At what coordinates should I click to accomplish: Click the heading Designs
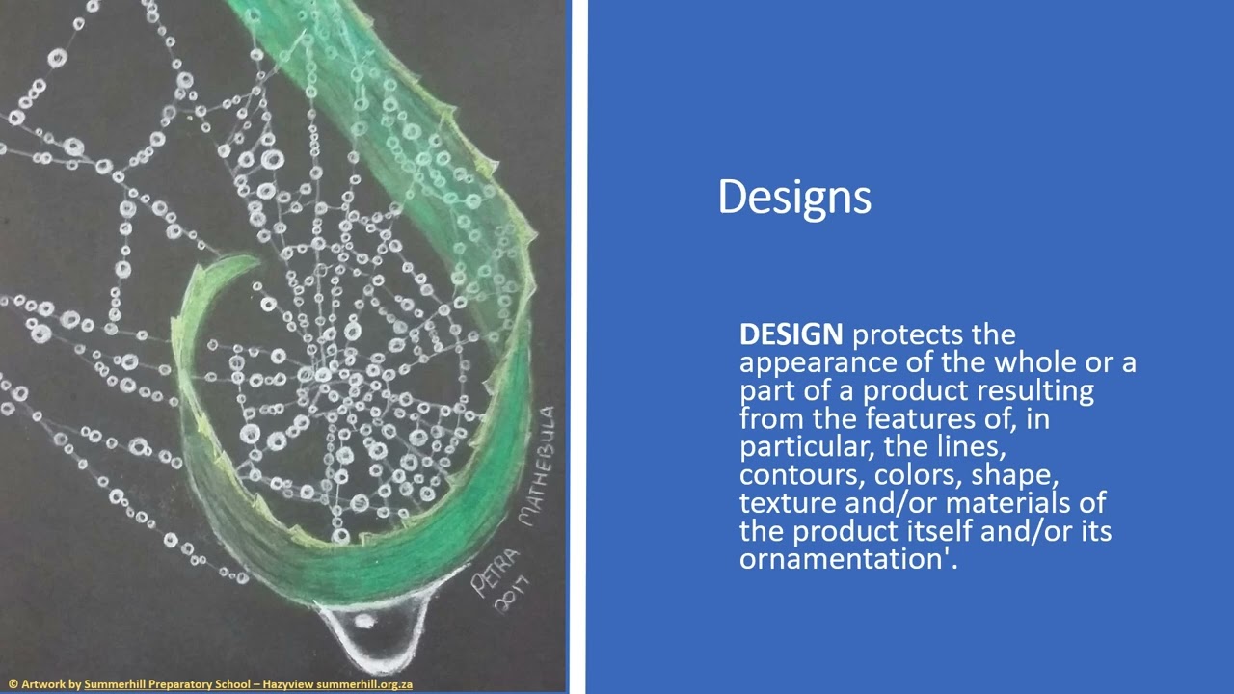(x=794, y=198)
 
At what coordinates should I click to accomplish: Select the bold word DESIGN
(x=791, y=334)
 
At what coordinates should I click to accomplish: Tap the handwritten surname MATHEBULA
(x=538, y=467)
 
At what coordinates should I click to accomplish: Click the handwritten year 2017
(x=511, y=596)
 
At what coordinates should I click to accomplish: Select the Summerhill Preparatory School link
(x=167, y=684)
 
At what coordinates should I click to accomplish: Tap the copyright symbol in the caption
(x=13, y=684)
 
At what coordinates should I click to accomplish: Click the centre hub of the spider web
(x=324, y=376)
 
